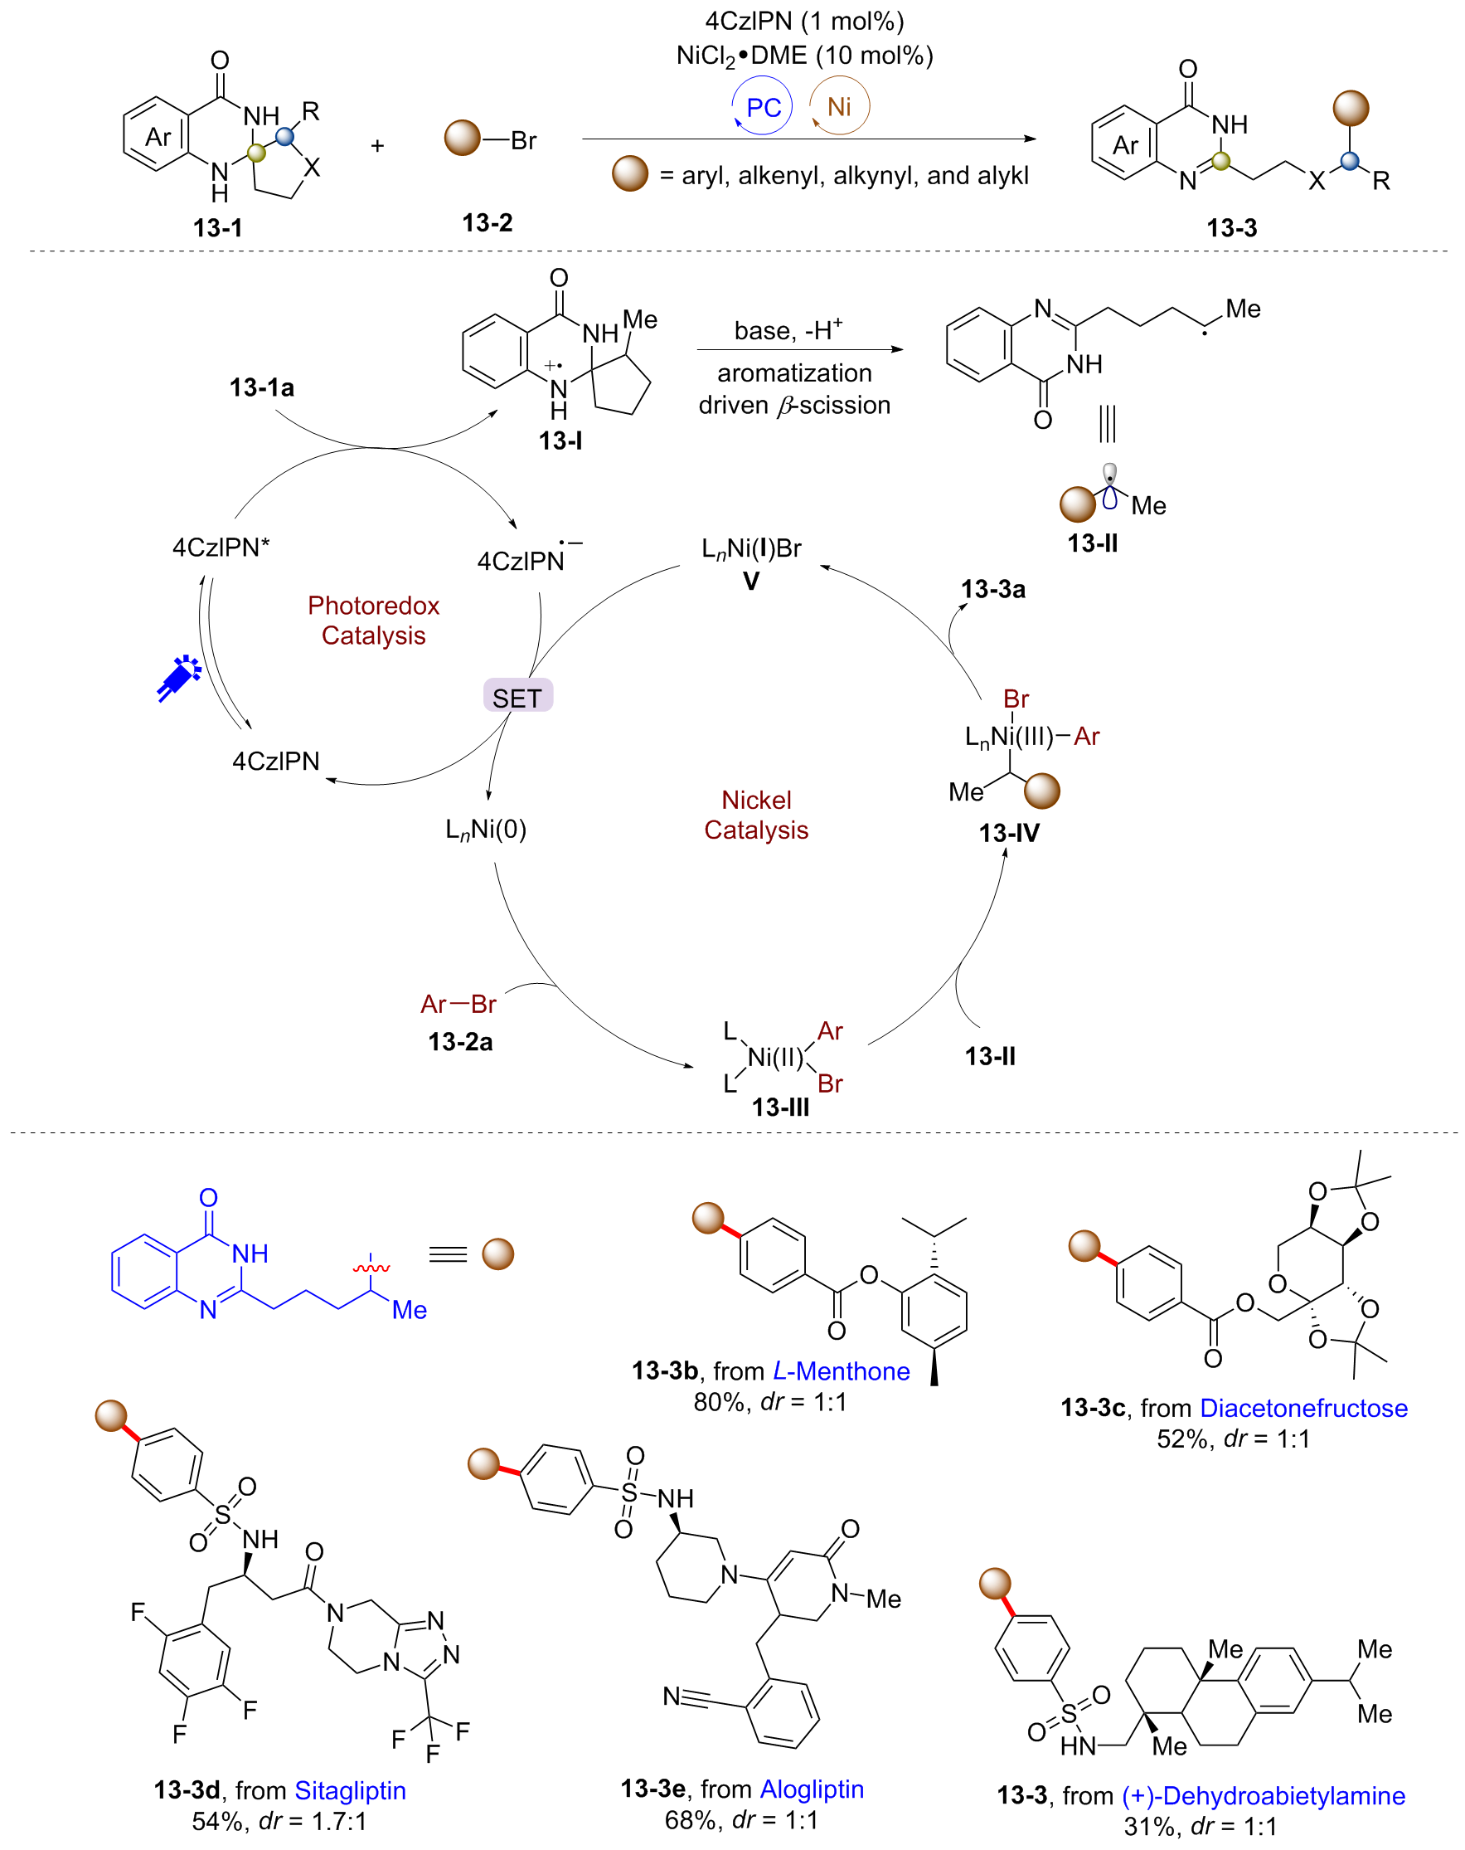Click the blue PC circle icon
click(x=762, y=106)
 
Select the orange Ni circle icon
click(x=840, y=106)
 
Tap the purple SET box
click(x=518, y=697)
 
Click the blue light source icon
click(x=179, y=679)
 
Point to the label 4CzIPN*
click(x=221, y=548)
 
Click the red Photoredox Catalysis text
click(x=374, y=621)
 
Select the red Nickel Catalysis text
click(x=755, y=815)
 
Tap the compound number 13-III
click(x=779, y=1108)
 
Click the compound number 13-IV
click(x=1009, y=833)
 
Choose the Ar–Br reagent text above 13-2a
click(x=458, y=1004)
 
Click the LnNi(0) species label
click(x=486, y=830)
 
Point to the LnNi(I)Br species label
click(x=751, y=549)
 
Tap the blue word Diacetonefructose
click(x=1304, y=1408)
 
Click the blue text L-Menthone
click(x=841, y=1371)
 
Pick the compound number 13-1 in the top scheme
click(x=218, y=228)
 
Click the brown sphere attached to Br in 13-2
click(x=463, y=139)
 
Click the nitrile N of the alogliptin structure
click(x=672, y=1696)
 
